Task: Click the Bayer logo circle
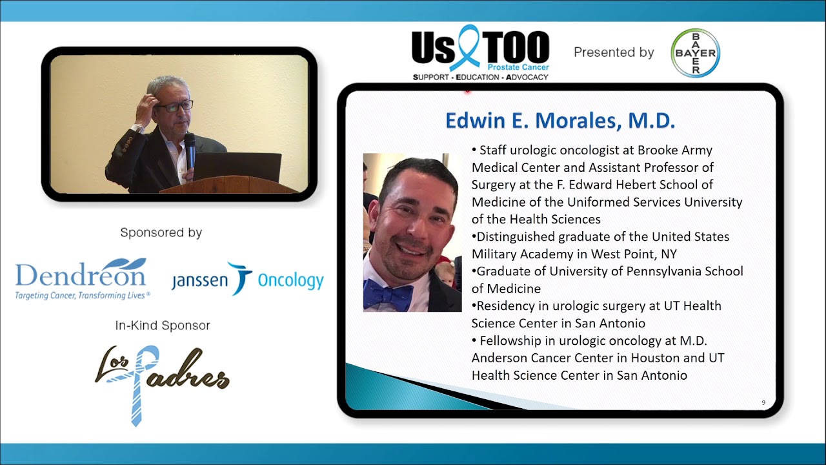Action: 695,53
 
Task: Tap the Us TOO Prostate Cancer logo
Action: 480,53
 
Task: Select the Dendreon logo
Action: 82,278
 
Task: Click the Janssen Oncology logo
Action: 247,279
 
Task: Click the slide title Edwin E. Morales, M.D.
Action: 560,121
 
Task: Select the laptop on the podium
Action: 237,166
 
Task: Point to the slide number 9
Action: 763,403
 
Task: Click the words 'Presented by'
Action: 614,53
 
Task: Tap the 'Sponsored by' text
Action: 161,232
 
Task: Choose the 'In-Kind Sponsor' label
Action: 162,325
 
